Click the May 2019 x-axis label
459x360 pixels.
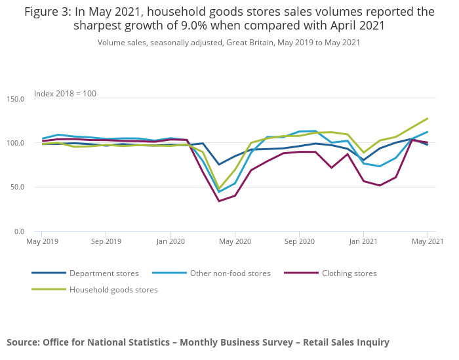point(41,241)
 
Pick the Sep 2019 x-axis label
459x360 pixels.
point(106,241)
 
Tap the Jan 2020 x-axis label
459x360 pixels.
point(170,241)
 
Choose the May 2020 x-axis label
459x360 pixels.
point(235,241)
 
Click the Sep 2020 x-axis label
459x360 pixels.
point(299,241)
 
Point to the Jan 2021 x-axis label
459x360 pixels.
point(363,241)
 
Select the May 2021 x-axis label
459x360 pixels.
point(428,241)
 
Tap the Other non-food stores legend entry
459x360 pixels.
point(229,273)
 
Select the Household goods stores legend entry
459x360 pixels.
point(113,289)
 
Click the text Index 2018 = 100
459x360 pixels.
point(65,94)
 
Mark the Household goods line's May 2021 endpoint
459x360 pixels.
point(428,119)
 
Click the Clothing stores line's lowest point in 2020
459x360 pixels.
point(219,201)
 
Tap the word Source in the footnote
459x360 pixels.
point(22,342)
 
